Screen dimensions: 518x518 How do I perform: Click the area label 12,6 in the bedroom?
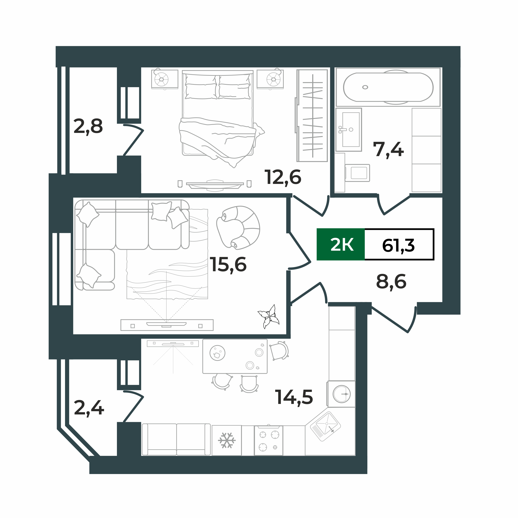pyautogui.click(x=283, y=178)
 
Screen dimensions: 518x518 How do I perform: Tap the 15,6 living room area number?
pyautogui.click(x=228, y=265)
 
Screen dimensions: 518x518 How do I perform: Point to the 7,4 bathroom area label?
pyautogui.click(x=388, y=150)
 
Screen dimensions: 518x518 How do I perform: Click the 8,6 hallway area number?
pyautogui.click(x=391, y=282)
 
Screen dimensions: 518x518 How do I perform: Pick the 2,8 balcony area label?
pyautogui.click(x=88, y=127)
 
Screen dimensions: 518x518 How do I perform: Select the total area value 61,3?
pyautogui.click(x=398, y=245)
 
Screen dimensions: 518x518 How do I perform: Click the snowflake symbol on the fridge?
pyautogui.click(x=227, y=440)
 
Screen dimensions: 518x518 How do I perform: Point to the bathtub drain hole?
pyautogui.click(x=365, y=87)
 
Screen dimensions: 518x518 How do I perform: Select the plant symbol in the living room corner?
pyautogui.click(x=269, y=317)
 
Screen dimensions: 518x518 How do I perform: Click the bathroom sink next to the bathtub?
pyautogui.click(x=349, y=130)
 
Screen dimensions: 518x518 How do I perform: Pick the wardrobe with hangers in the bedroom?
pyautogui.click(x=312, y=116)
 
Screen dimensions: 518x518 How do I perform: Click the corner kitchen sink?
pyautogui.click(x=325, y=426)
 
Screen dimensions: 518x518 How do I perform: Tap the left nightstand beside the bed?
pyautogui.click(x=164, y=79)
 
